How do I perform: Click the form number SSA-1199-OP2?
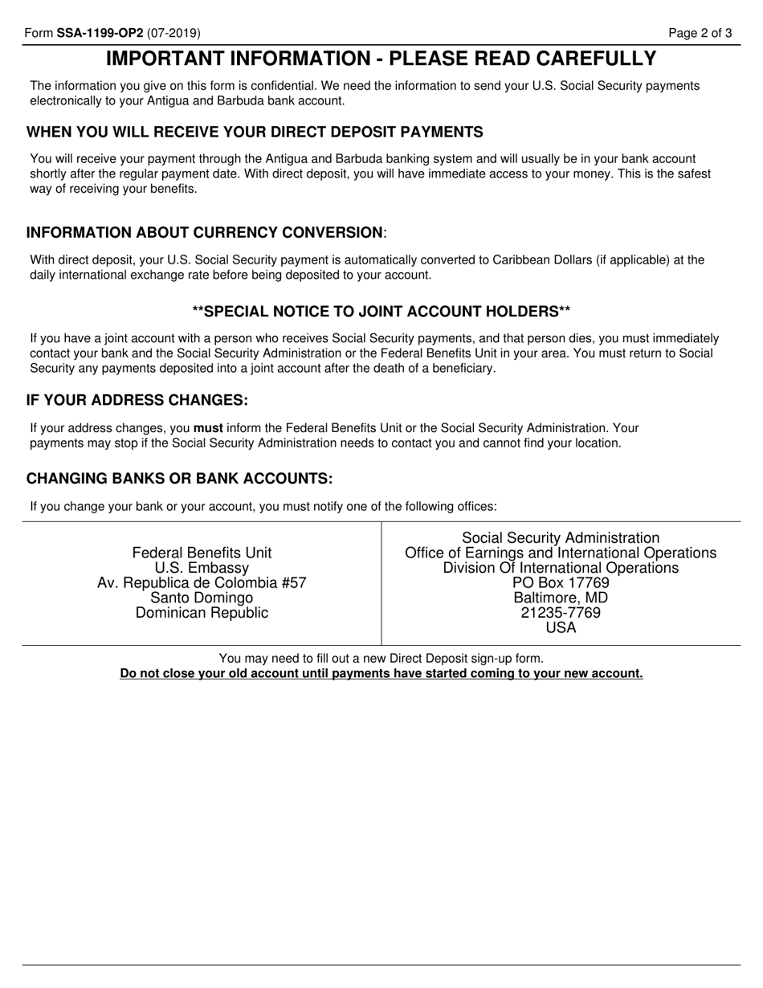point(100,33)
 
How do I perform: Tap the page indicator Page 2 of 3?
point(700,33)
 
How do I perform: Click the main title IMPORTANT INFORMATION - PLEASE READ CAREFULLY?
point(381,59)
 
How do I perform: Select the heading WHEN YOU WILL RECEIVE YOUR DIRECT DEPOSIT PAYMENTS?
point(255,132)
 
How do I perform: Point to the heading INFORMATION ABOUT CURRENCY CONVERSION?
point(206,233)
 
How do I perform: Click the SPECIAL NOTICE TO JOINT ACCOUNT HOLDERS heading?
point(381,312)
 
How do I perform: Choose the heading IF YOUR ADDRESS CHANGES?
point(137,400)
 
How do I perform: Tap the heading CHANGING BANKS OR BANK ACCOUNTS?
point(179,479)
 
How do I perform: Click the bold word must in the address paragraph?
point(208,428)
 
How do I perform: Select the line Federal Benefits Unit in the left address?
point(202,553)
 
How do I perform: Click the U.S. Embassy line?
point(202,568)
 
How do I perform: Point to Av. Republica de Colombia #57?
point(202,583)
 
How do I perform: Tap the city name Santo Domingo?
point(202,598)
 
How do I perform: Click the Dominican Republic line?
point(202,613)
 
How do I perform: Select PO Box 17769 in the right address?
point(561,583)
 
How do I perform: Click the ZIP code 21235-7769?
point(561,613)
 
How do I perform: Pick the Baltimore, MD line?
point(561,598)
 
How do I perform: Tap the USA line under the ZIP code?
point(561,628)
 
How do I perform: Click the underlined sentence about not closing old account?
point(381,673)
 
